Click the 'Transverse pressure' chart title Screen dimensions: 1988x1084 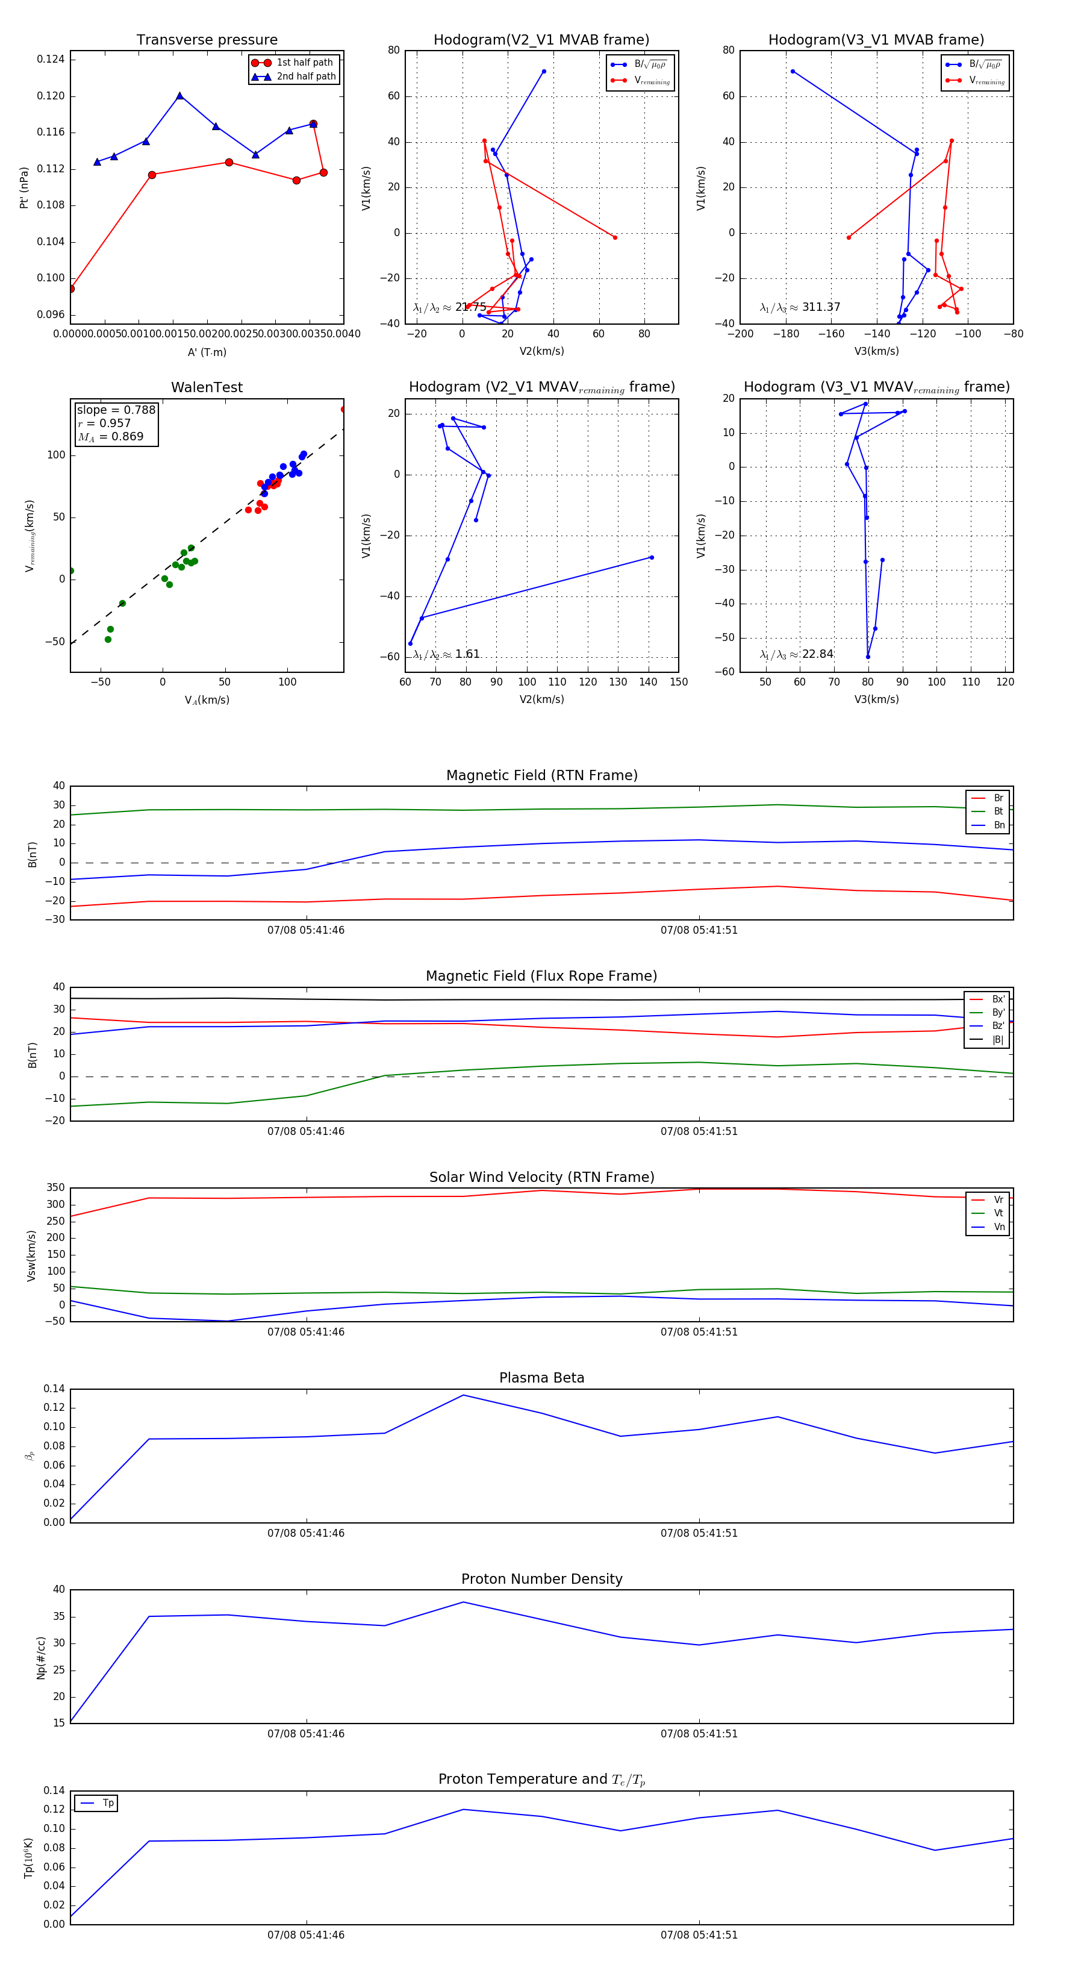click(x=207, y=40)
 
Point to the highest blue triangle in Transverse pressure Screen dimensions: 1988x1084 click(x=180, y=96)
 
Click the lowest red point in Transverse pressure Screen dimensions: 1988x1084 click(x=71, y=289)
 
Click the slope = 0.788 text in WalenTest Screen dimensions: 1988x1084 click(x=116, y=410)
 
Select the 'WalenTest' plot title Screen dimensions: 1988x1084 click(x=207, y=387)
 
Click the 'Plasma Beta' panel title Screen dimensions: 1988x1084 click(x=541, y=1378)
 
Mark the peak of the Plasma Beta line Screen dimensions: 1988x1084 click(x=464, y=1395)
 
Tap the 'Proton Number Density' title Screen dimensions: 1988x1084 click(x=541, y=1579)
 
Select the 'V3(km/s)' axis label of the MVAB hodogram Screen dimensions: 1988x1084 click(x=876, y=351)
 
